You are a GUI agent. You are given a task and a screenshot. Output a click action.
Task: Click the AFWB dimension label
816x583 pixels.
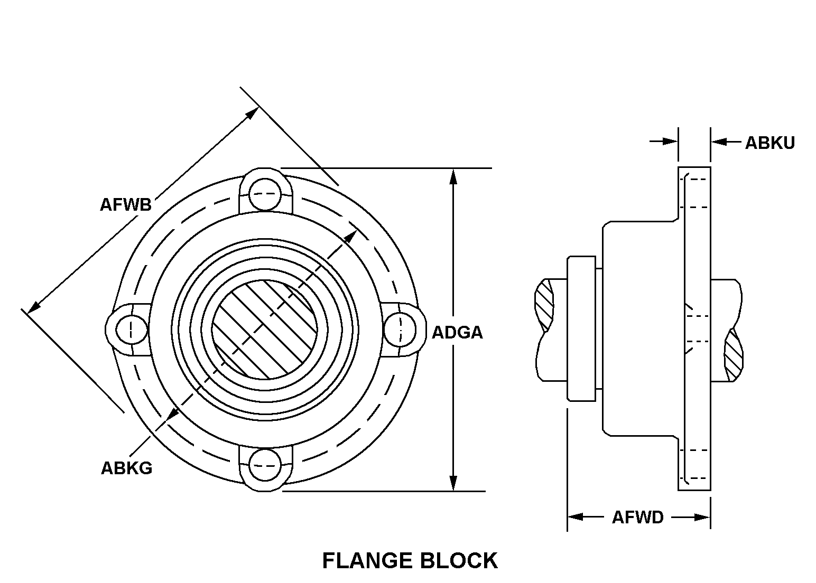point(126,205)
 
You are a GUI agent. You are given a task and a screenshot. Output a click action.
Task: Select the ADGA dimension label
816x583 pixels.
point(457,333)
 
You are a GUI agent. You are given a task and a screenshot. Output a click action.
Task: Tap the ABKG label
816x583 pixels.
point(126,468)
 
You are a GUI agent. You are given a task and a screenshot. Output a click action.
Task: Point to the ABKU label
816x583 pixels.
point(769,143)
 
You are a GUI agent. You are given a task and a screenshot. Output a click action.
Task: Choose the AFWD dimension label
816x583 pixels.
point(637,517)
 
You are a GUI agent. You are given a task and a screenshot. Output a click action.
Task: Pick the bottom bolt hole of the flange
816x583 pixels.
point(264,465)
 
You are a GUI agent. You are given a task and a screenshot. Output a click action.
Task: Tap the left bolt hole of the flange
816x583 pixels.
point(131,330)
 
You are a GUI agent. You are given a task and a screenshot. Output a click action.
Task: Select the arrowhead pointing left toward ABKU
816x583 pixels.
point(719,142)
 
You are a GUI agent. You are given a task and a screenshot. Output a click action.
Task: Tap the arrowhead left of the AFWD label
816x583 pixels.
point(575,516)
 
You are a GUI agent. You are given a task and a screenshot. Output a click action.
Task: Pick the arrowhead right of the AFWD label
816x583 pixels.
point(702,517)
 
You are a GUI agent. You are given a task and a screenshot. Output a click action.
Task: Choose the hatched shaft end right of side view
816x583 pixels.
point(733,356)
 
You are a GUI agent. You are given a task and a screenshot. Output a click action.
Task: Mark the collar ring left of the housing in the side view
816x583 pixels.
point(581,328)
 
